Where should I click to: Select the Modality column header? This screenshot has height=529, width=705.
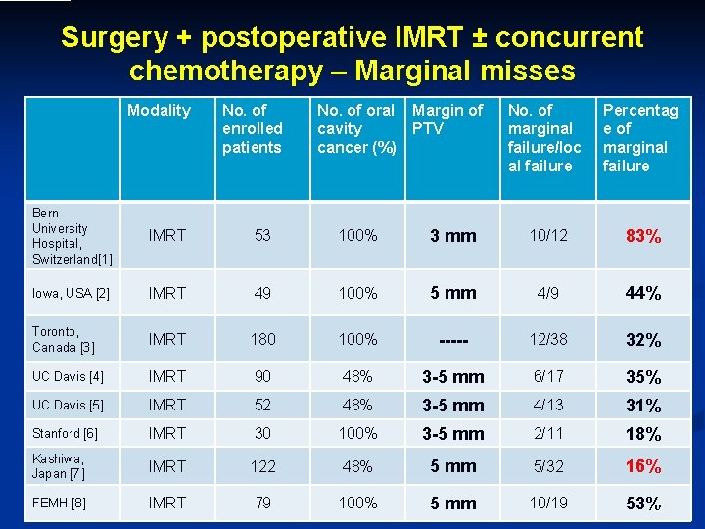tap(159, 111)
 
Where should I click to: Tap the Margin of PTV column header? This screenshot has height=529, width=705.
tap(447, 120)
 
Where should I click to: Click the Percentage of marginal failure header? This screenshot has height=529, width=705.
tap(640, 138)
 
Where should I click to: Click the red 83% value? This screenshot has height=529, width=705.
tap(643, 236)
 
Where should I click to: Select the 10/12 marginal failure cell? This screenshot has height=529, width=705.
tap(546, 236)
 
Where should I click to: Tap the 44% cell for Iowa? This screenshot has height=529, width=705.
tap(643, 293)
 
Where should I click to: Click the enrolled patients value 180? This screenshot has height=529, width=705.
tap(262, 339)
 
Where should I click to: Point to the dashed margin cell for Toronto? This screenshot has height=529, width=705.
tap(453, 340)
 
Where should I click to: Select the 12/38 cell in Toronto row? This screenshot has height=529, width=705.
tap(546, 339)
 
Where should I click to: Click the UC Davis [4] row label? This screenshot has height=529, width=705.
tap(68, 377)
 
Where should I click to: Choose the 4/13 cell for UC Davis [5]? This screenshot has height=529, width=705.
tap(546, 405)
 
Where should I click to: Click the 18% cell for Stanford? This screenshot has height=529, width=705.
tap(643, 434)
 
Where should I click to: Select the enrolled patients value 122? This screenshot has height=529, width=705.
tap(262, 466)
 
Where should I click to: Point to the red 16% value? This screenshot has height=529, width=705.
tap(643, 466)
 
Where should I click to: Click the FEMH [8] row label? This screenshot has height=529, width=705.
tap(60, 504)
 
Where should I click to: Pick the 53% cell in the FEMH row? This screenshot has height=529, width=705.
tap(643, 504)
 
